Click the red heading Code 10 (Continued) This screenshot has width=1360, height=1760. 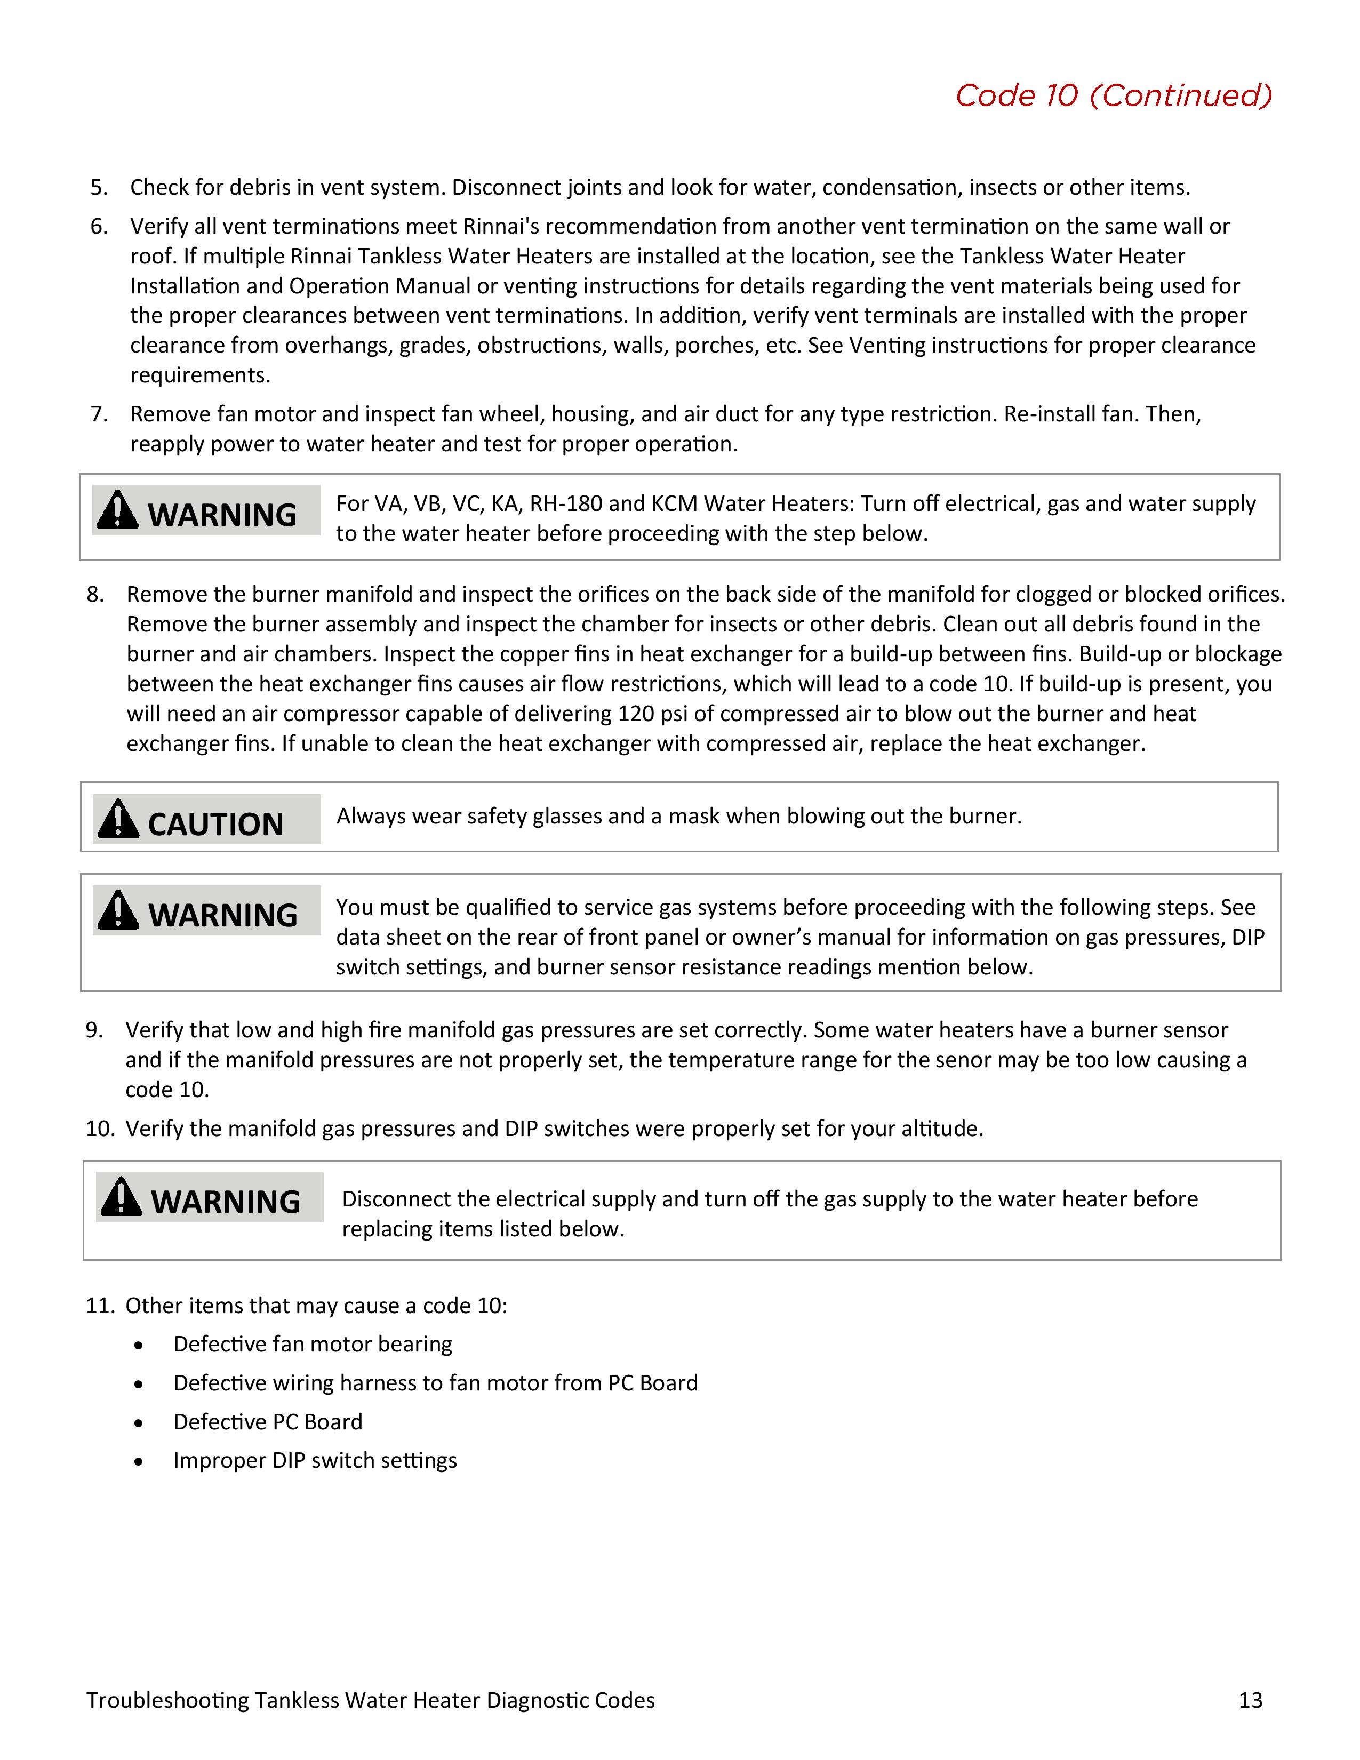pyautogui.click(x=1114, y=95)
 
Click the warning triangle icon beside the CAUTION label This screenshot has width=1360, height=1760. pyautogui.click(x=118, y=820)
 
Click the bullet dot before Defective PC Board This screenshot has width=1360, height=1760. pyautogui.click(x=139, y=1423)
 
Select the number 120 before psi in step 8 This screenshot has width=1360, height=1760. pyautogui.click(x=636, y=714)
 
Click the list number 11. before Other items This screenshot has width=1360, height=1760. pyautogui.click(x=101, y=1306)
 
